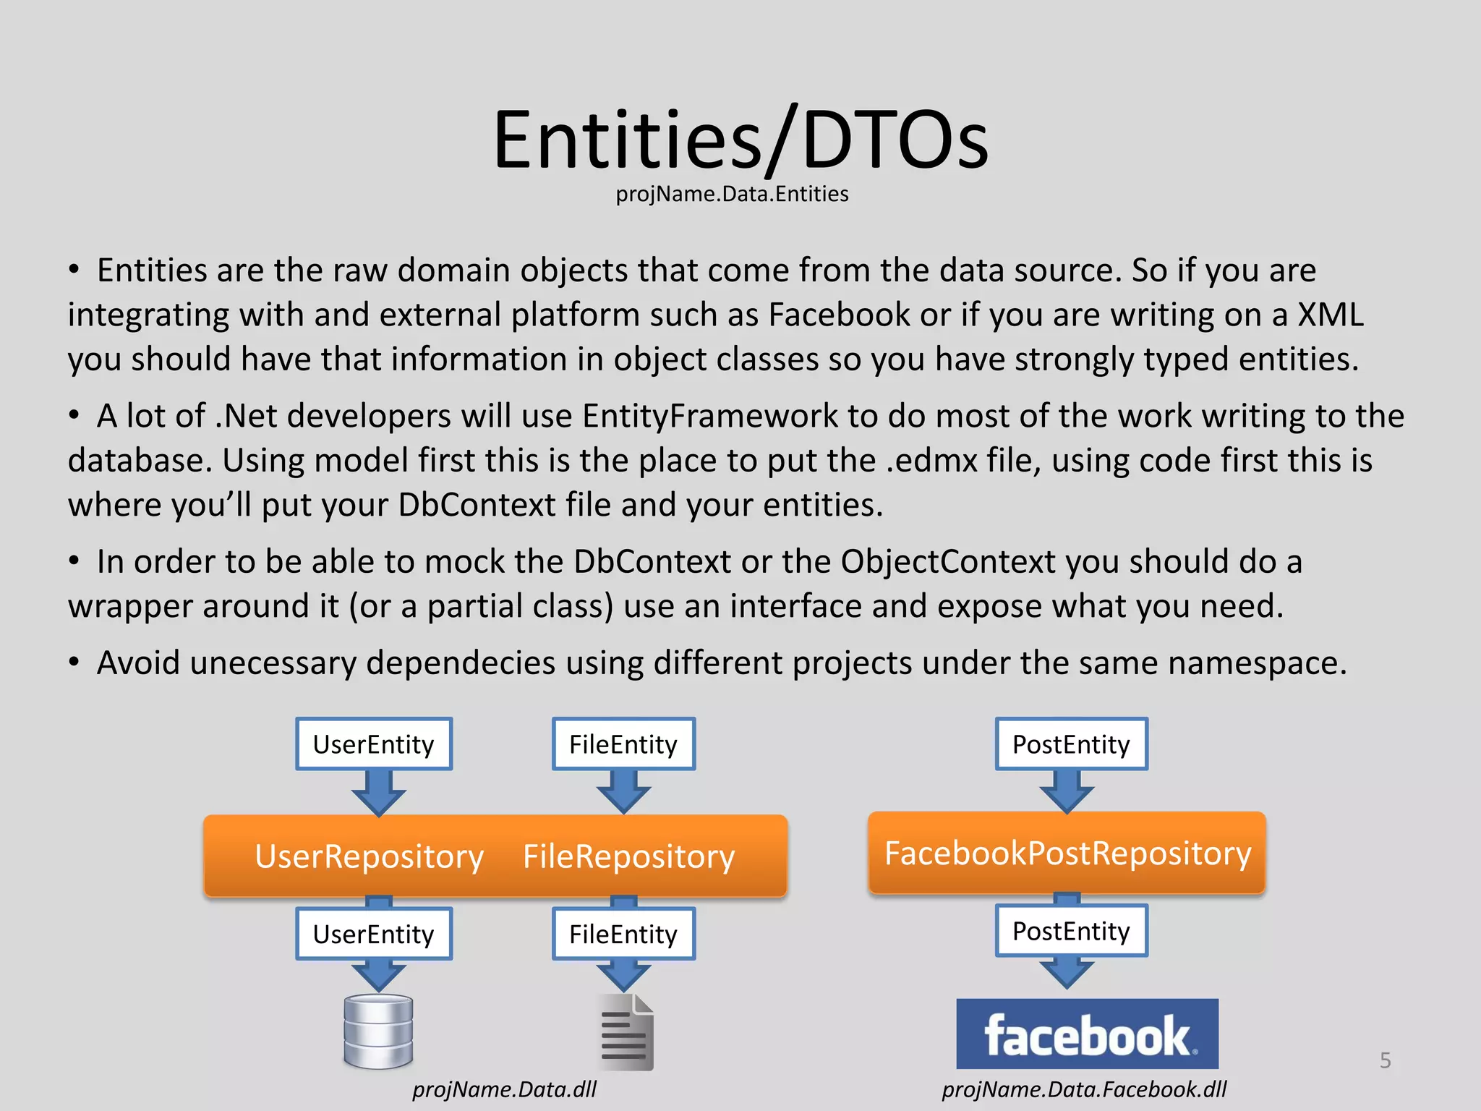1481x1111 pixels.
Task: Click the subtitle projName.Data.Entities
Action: click(x=732, y=194)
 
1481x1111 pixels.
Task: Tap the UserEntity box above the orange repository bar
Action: click(x=374, y=744)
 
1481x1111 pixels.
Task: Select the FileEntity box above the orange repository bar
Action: click(x=623, y=744)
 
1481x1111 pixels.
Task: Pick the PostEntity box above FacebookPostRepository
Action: click(x=1071, y=744)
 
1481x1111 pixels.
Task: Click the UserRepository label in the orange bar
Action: click(x=369, y=856)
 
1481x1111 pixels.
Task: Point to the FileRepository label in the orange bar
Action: click(x=628, y=856)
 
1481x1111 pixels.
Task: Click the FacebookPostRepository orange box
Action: click(x=1067, y=854)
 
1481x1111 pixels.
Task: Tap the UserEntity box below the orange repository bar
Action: click(x=374, y=934)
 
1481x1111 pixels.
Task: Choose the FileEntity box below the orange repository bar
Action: click(x=623, y=934)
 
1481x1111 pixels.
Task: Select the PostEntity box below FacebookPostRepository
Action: click(x=1071, y=931)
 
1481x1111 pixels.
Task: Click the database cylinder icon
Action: click(x=378, y=1031)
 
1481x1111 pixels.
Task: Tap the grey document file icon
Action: click(x=626, y=1033)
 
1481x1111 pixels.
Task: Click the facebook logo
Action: click(x=1087, y=1034)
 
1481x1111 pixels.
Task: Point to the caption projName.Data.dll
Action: click(x=504, y=1089)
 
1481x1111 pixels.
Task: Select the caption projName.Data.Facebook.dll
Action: click(x=1084, y=1089)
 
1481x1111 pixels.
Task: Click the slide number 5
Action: click(x=1385, y=1060)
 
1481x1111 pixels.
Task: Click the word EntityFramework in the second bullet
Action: click(x=710, y=416)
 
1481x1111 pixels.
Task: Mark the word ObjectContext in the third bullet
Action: click(x=948, y=562)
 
